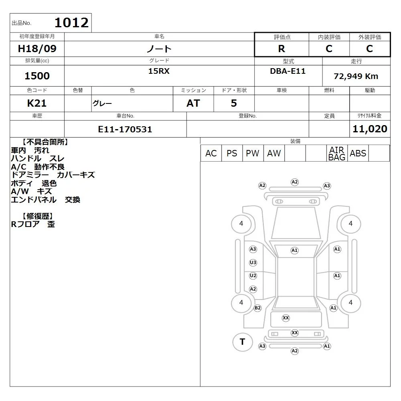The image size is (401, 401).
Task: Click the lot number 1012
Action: click(72, 23)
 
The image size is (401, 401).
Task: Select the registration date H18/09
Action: click(37, 49)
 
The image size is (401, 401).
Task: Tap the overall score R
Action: click(282, 49)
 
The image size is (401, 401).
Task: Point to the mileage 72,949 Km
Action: click(356, 76)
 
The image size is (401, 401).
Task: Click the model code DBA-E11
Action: click(288, 71)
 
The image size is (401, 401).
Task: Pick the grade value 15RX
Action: click(159, 71)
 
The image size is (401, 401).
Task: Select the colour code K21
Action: click(37, 103)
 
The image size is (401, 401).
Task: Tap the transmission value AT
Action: click(193, 103)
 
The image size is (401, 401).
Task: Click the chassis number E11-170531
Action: click(125, 129)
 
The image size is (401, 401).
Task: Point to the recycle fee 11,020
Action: click(370, 129)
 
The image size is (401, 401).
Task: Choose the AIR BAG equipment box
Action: click(337, 153)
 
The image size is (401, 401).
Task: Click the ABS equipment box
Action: click(358, 153)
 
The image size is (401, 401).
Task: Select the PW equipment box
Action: click(253, 153)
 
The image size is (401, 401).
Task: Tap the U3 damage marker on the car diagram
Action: click(253, 262)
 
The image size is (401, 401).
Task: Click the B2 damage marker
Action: click(257, 308)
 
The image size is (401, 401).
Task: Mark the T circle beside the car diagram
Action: click(243, 342)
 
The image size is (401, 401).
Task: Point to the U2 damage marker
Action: click(253, 276)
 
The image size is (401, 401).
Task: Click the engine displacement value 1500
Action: click(37, 76)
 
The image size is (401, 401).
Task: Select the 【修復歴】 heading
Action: click(38, 216)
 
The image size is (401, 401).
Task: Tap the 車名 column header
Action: click(159, 36)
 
